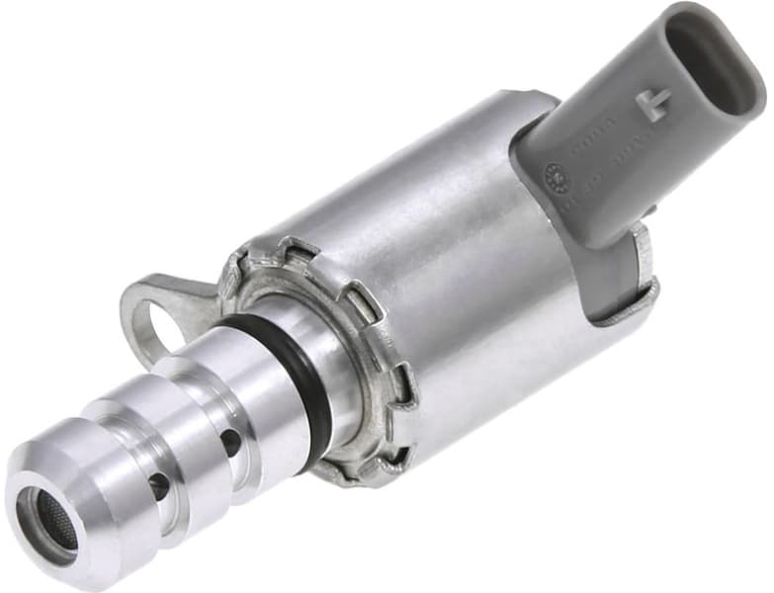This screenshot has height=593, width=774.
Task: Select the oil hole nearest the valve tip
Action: (x=158, y=484)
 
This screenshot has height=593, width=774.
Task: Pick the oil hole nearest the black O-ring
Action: (x=231, y=441)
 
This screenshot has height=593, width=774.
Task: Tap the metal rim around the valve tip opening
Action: (x=30, y=524)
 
